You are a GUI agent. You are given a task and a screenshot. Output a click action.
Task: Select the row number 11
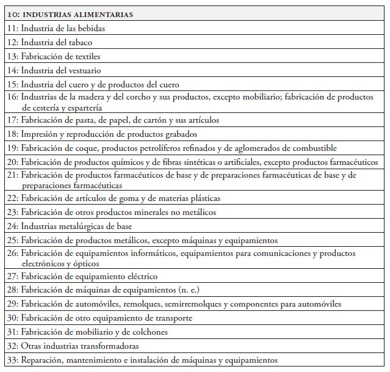click(12, 29)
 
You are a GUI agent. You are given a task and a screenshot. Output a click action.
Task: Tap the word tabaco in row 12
click(79, 43)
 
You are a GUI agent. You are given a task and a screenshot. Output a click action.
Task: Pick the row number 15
click(12, 85)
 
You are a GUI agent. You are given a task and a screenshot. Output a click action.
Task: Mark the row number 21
click(12, 175)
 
